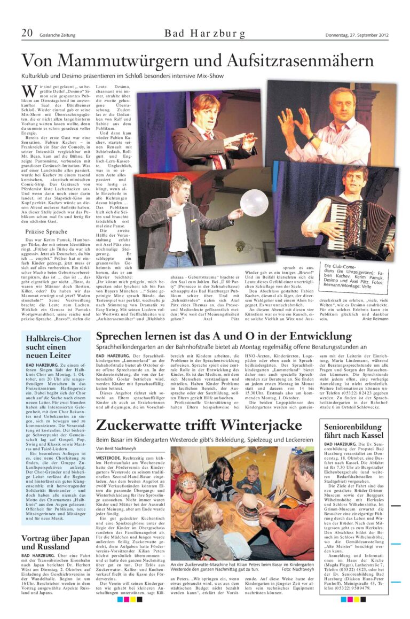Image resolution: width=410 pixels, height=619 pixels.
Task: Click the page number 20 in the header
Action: point(27,33)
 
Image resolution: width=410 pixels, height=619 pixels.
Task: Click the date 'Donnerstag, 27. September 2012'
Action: point(357,35)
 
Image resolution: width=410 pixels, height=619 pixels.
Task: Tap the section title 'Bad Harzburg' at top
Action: point(205,34)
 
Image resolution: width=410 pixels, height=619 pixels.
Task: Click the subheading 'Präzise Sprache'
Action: point(46,231)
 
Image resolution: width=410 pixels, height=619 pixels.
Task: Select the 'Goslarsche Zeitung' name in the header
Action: point(57,36)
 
